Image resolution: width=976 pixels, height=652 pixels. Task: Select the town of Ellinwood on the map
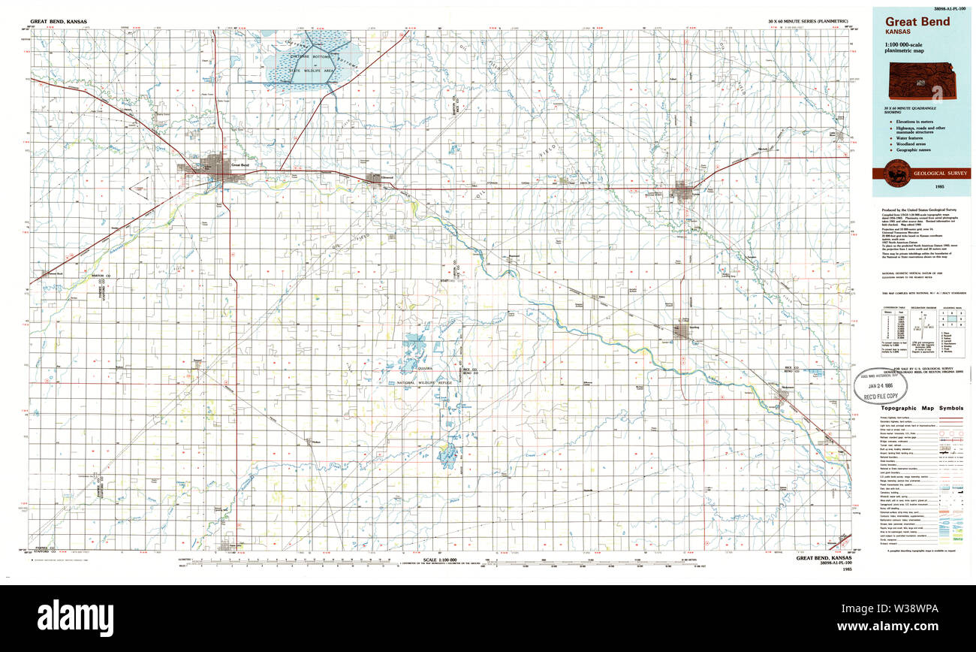point(373,179)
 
